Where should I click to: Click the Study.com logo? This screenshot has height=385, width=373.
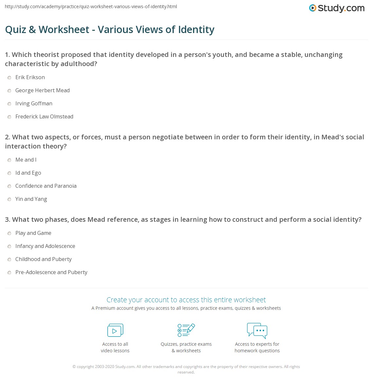[x=337, y=8]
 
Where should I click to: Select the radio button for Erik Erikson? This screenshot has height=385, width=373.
[x=9, y=78]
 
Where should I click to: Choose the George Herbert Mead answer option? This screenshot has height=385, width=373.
[x=42, y=91]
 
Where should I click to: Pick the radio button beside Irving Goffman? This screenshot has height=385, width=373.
[x=9, y=104]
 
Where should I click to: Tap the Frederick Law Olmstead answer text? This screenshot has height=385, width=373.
[x=44, y=117]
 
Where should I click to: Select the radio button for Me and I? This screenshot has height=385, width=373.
[x=9, y=160]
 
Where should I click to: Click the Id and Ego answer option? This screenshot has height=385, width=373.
[x=28, y=173]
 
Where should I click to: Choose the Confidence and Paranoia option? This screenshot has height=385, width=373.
[x=46, y=186]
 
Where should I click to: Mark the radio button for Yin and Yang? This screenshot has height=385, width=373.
[x=9, y=200]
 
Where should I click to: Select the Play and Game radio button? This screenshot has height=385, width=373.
[x=9, y=234]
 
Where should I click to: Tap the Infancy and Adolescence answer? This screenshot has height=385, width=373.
[x=45, y=246]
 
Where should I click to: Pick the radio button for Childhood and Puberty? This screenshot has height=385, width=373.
[x=9, y=260]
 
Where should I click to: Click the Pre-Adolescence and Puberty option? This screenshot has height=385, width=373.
[x=51, y=272]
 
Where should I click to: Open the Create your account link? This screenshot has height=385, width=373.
[x=186, y=300]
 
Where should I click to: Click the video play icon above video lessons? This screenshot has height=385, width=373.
[x=115, y=330]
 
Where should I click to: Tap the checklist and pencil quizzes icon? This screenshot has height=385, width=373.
[x=186, y=330]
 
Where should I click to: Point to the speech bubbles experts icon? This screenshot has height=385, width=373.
[x=257, y=330]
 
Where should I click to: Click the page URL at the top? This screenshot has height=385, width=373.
[x=91, y=7]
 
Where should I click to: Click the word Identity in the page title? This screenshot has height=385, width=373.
[x=196, y=30]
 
